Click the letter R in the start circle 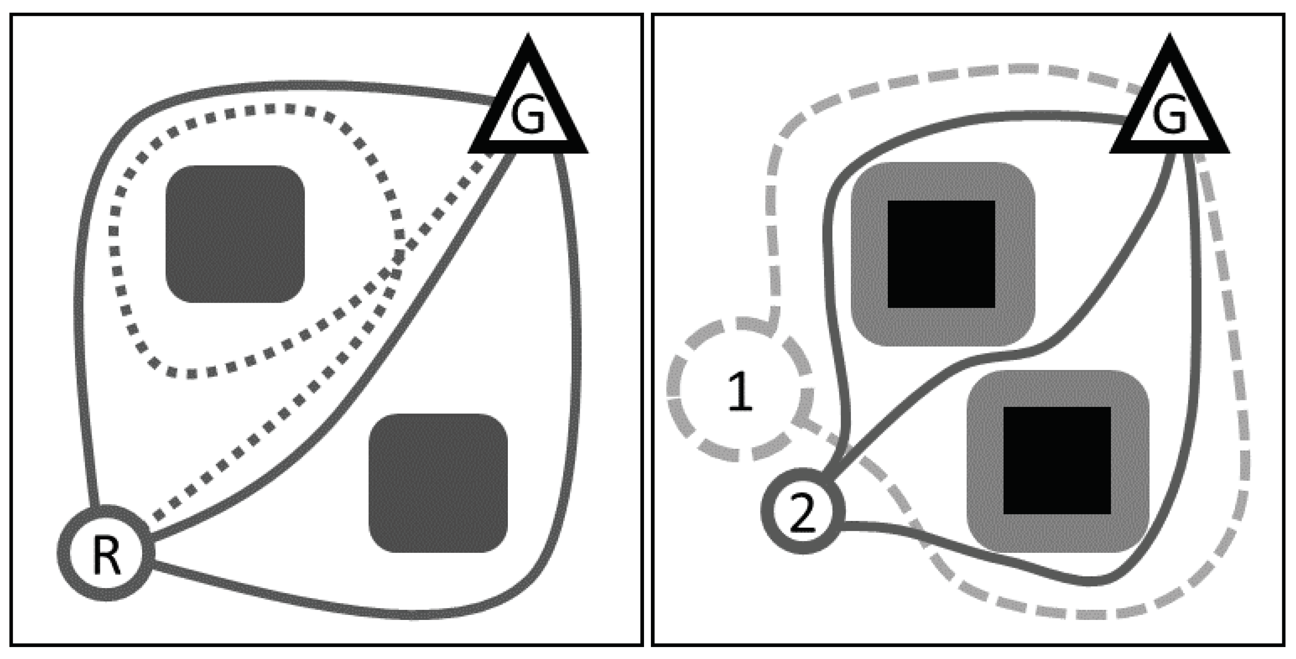pos(106,554)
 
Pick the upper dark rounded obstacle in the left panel pos(235,234)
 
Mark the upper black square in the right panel pos(941,254)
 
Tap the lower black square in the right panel pos(1057,460)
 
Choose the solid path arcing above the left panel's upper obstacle pos(302,85)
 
